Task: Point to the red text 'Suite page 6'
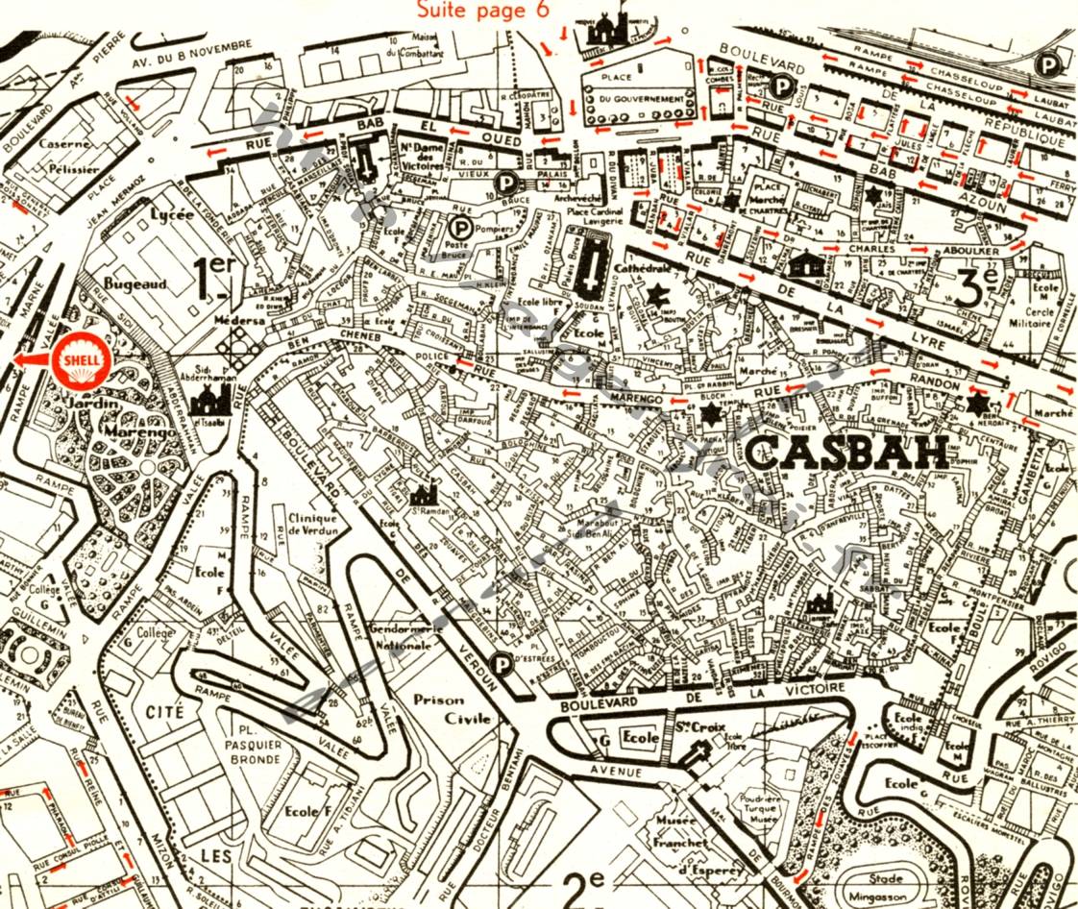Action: [482, 11]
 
